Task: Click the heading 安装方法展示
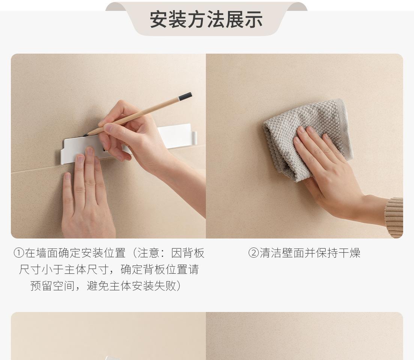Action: tap(206, 19)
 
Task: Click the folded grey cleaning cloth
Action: tap(307, 139)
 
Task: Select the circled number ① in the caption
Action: tap(19, 253)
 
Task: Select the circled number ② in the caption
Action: tap(253, 253)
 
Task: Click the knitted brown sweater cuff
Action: tap(394, 217)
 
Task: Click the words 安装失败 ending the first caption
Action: tap(154, 286)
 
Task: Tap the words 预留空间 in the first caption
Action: tap(52, 286)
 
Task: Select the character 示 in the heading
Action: tap(253, 19)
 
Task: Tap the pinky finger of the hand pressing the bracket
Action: tap(67, 189)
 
